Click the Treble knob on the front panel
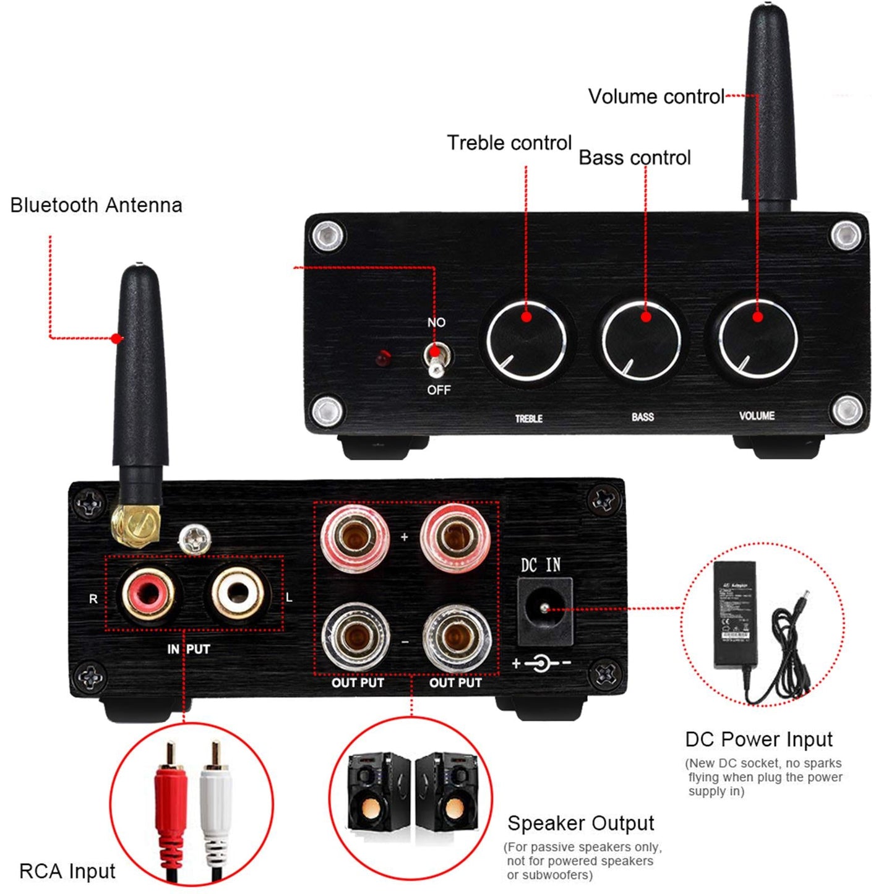526,340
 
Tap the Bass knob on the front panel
641,340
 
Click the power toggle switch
436,359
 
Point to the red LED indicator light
383,358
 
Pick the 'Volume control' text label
656,97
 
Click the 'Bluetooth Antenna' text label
96,205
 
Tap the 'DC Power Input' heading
759,739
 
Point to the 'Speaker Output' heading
580,823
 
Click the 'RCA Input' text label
67,872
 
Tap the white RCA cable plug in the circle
216,804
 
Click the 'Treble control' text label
509,143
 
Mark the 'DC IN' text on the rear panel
540,565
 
